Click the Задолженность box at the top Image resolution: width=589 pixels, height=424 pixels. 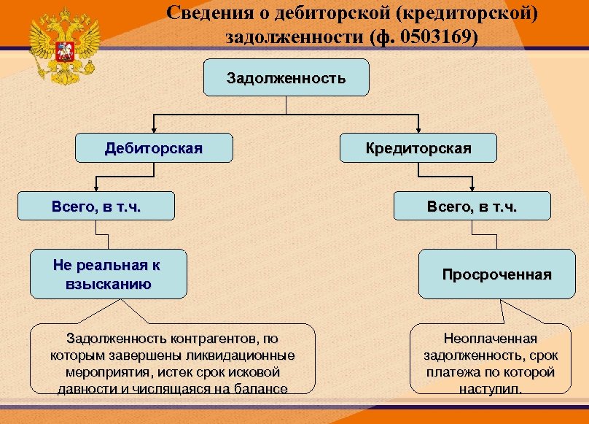coord(286,78)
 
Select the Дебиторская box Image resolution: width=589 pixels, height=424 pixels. coord(154,148)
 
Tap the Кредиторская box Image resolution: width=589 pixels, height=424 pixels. coord(418,148)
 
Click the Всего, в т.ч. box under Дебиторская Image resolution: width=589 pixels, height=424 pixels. coord(96,207)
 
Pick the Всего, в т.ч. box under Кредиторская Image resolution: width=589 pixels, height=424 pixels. coord(472,207)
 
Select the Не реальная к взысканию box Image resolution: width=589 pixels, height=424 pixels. coord(108,274)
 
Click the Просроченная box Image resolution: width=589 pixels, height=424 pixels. coord(496,274)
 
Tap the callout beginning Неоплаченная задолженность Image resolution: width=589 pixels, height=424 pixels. coord(490,363)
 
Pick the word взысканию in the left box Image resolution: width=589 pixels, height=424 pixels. coord(108,284)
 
